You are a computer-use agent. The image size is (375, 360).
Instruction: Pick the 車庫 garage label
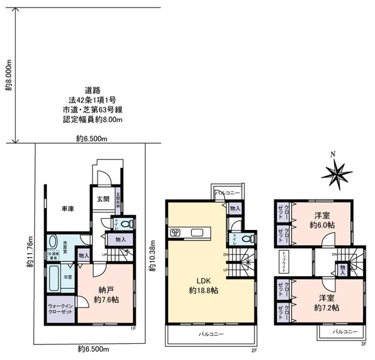click(68, 208)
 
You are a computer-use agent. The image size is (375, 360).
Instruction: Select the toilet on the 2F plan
click(248, 238)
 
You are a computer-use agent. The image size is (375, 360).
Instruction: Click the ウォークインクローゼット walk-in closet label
click(59, 309)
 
